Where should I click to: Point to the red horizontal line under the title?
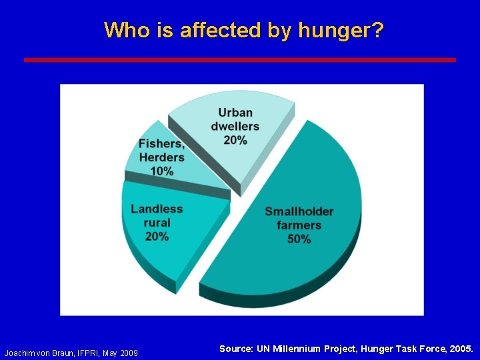[240, 59]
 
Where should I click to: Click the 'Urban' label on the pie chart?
[235, 112]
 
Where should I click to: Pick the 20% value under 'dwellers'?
[235, 140]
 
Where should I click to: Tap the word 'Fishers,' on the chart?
[162, 144]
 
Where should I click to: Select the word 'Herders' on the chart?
[162, 157]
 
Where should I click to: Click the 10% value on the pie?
[162, 171]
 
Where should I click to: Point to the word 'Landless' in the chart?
[157, 209]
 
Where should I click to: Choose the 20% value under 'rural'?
[157, 236]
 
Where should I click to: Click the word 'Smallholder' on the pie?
[299, 211]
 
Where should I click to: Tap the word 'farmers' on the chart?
[299, 225]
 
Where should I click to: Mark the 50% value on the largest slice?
[299, 239]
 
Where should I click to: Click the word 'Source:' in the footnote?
[236, 349]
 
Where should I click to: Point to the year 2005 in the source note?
[461, 349]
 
